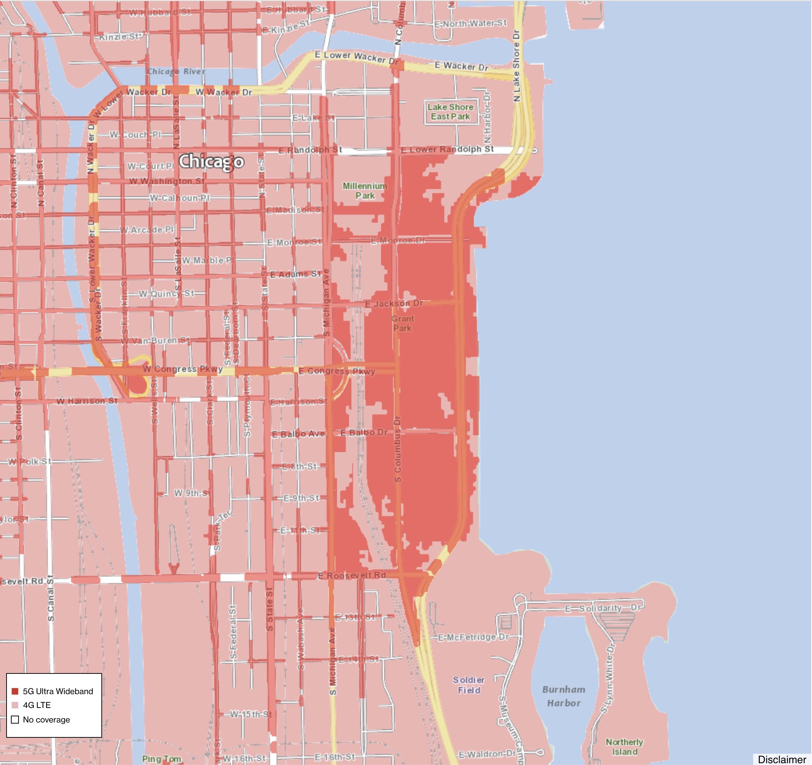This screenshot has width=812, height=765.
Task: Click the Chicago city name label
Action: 211,162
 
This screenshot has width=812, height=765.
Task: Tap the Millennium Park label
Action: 365,191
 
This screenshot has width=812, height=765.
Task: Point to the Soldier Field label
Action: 469,685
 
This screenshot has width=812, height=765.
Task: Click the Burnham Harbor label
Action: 563,696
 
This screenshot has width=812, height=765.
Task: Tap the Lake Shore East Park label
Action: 451,112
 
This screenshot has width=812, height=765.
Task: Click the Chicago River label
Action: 176,72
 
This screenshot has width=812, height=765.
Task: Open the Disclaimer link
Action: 782,759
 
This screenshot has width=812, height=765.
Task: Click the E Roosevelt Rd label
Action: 352,575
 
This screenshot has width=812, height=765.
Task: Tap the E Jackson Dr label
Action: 394,303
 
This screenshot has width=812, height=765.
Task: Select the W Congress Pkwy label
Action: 183,369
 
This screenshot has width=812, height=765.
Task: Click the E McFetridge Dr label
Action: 473,637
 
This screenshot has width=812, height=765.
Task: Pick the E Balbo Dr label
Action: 364,433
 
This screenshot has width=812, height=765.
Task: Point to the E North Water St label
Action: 470,24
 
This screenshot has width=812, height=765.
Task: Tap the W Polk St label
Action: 30,462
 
